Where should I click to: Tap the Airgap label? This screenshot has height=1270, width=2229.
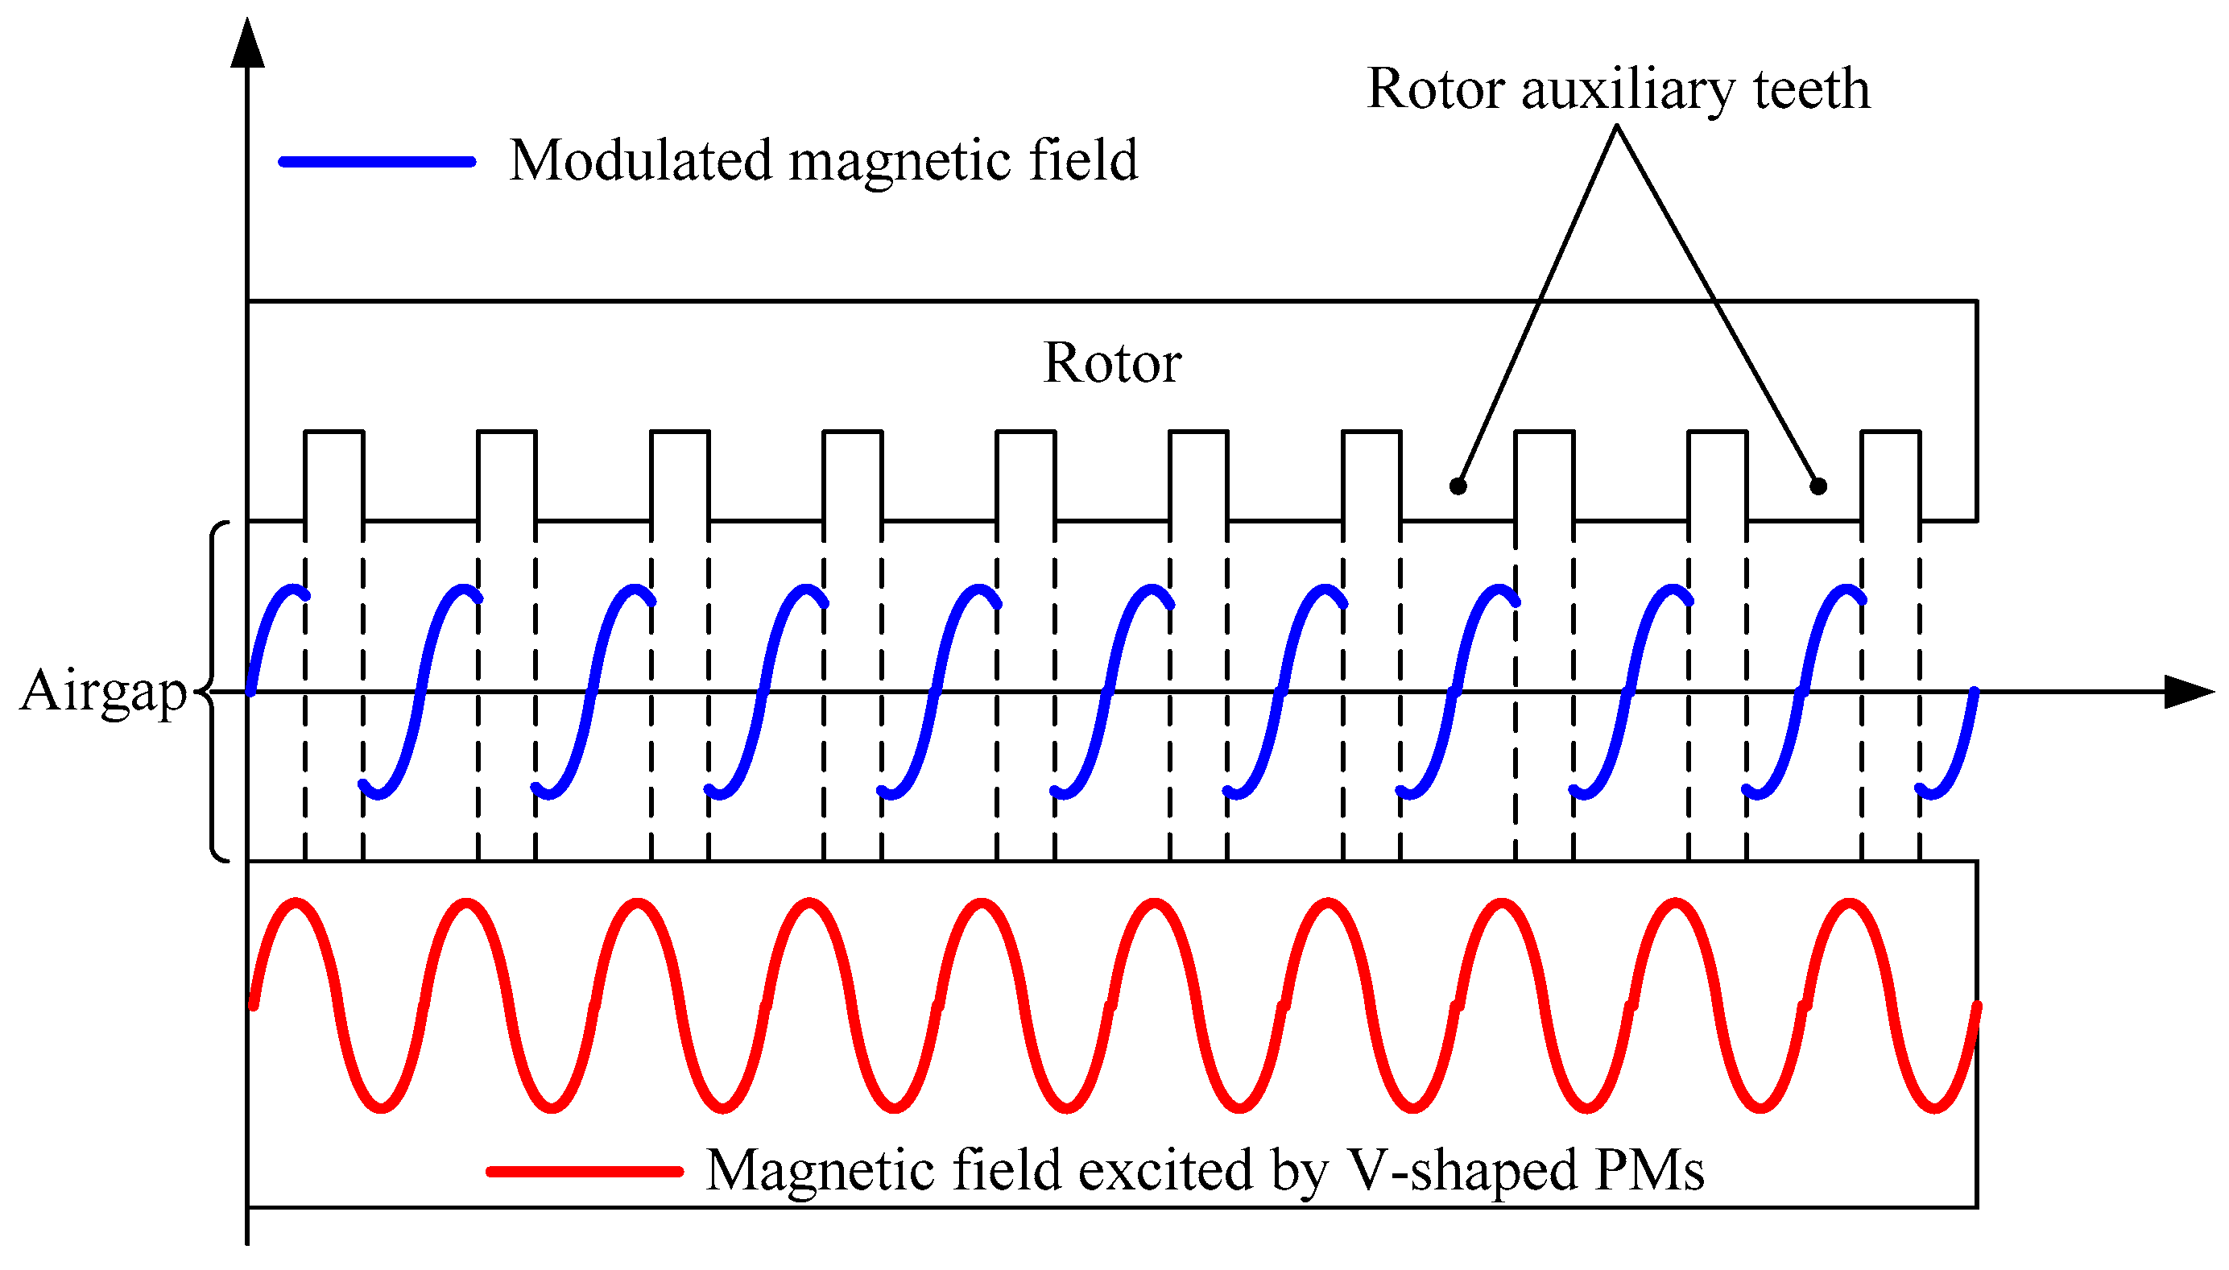tap(103, 691)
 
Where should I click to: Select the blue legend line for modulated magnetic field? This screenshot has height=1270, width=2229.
tap(377, 161)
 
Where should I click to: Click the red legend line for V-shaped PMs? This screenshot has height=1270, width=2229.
tap(585, 1172)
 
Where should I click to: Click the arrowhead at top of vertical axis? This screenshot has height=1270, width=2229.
tap(248, 43)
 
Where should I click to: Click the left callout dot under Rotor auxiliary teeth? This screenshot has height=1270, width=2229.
tap(1458, 486)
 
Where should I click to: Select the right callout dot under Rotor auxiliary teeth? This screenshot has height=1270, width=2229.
tap(1818, 486)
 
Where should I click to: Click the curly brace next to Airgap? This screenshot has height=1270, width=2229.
tap(214, 691)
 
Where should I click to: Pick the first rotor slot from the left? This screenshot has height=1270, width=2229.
tap(334, 475)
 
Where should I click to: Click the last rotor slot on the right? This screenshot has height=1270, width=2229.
tap(1890, 475)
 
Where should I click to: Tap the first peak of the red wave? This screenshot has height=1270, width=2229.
tap(297, 903)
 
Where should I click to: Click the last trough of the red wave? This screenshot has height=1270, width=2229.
tap(1934, 1108)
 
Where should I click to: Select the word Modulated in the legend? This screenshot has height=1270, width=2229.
tap(641, 161)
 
